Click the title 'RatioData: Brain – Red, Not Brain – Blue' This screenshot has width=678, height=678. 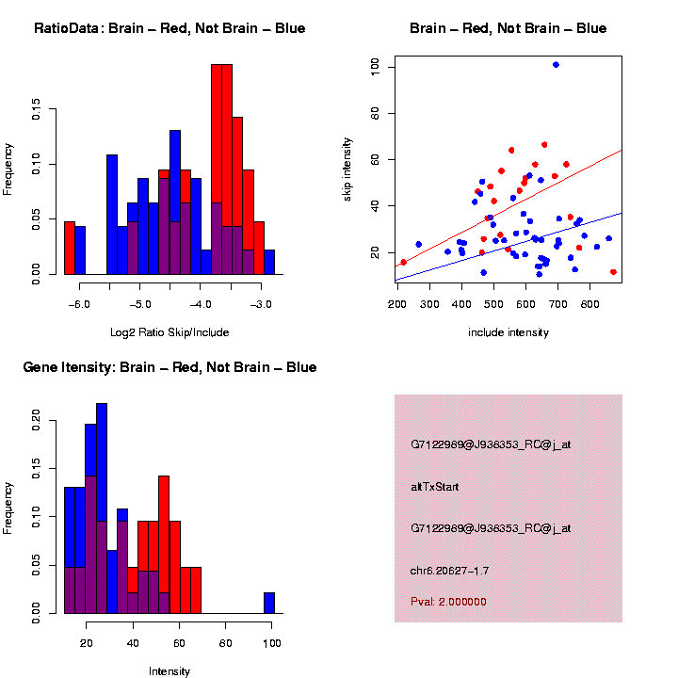point(169,28)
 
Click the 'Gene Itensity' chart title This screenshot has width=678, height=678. point(169,367)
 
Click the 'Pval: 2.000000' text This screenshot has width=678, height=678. point(449,601)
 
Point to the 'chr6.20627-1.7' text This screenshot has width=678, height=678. point(449,571)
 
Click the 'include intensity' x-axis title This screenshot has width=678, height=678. point(508,332)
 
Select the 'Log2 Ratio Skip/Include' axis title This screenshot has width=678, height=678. point(169,332)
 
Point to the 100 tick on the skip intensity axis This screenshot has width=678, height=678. point(375,66)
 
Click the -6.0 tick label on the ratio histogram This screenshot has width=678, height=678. point(78,304)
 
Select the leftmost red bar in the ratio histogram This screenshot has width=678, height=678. point(70,248)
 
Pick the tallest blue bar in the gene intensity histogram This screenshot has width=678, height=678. point(102,508)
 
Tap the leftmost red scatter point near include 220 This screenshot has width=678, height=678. point(403,262)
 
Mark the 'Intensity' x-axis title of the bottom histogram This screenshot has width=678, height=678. point(169,671)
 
